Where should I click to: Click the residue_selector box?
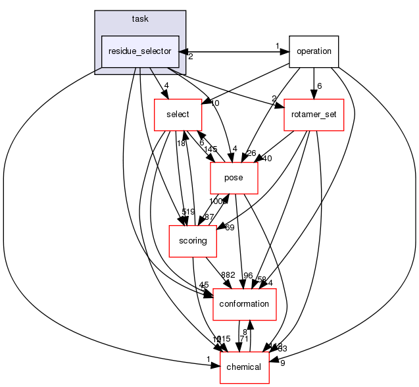tap(140, 51)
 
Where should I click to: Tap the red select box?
tap(177, 115)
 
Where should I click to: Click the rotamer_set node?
tap(313, 115)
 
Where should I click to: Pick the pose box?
tap(234, 178)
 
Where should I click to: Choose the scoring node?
tap(193, 241)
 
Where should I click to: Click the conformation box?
tap(243, 304)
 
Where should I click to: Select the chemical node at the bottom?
tap(244, 367)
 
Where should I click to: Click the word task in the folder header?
tap(140, 19)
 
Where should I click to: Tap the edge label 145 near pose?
tap(210, 149)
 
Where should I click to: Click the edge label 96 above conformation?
tap(248, 275)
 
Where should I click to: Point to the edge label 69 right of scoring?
tap(229, 228)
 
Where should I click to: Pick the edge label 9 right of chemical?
tap(282, 363)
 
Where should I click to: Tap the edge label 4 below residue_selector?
tap(167, 85)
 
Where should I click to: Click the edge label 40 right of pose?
tap(266, 158)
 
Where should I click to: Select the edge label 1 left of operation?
tap(278, 46)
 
